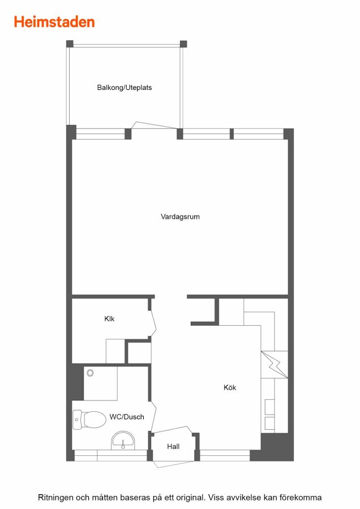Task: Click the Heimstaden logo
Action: click(x=54, y=22)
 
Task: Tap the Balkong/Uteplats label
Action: click(x=125, y=88)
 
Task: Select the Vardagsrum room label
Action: click(x=180, y=217)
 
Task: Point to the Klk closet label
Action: click(x=109, y=319)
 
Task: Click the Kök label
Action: click(x=230, y=387)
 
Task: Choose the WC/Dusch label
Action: click(x=127, y=417)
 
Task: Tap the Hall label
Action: click(x=173, y=446)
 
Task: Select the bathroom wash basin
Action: click(x=123, y=441)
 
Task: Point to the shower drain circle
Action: click(x=91, y=373)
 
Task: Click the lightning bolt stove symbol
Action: click(x=275, y=365)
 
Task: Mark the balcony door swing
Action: click(x=155, y=126)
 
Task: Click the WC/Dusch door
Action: click(x=153, y=417)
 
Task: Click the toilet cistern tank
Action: click(x=77, y=420)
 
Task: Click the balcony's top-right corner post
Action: click(x=183, y=44)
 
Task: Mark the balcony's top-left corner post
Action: click(x=70, y=44)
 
